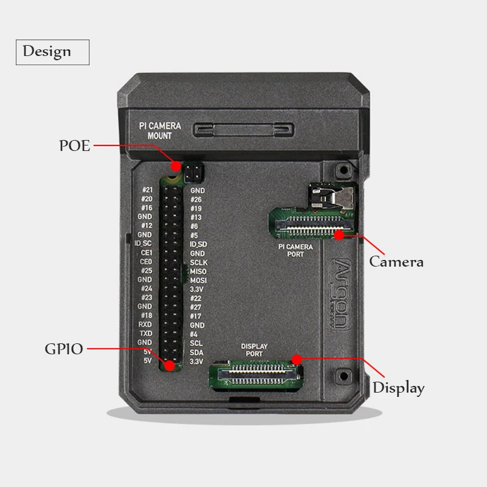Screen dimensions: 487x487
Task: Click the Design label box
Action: tap(52, 52)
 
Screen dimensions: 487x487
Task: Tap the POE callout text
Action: tap(74, 146)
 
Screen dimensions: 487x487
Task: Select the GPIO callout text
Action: tap(63, 349)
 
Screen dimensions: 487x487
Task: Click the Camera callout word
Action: tap(396, 262)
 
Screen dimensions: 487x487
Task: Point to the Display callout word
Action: tap(398, 388)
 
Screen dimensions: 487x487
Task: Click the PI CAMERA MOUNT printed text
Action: tap(160, 131)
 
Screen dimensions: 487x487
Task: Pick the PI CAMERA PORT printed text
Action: tap(295, 250)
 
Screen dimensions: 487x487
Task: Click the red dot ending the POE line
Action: tap(176, 166)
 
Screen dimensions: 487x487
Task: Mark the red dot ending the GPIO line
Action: tap(169, 366)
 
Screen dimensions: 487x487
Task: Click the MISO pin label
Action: tap(198, 271)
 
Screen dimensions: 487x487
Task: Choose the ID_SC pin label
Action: tap(142, 243)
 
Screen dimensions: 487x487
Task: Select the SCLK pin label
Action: tap(198, 262)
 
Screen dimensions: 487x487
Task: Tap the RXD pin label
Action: tap(145, 324)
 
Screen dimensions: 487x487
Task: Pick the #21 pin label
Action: tap(146, 190)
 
